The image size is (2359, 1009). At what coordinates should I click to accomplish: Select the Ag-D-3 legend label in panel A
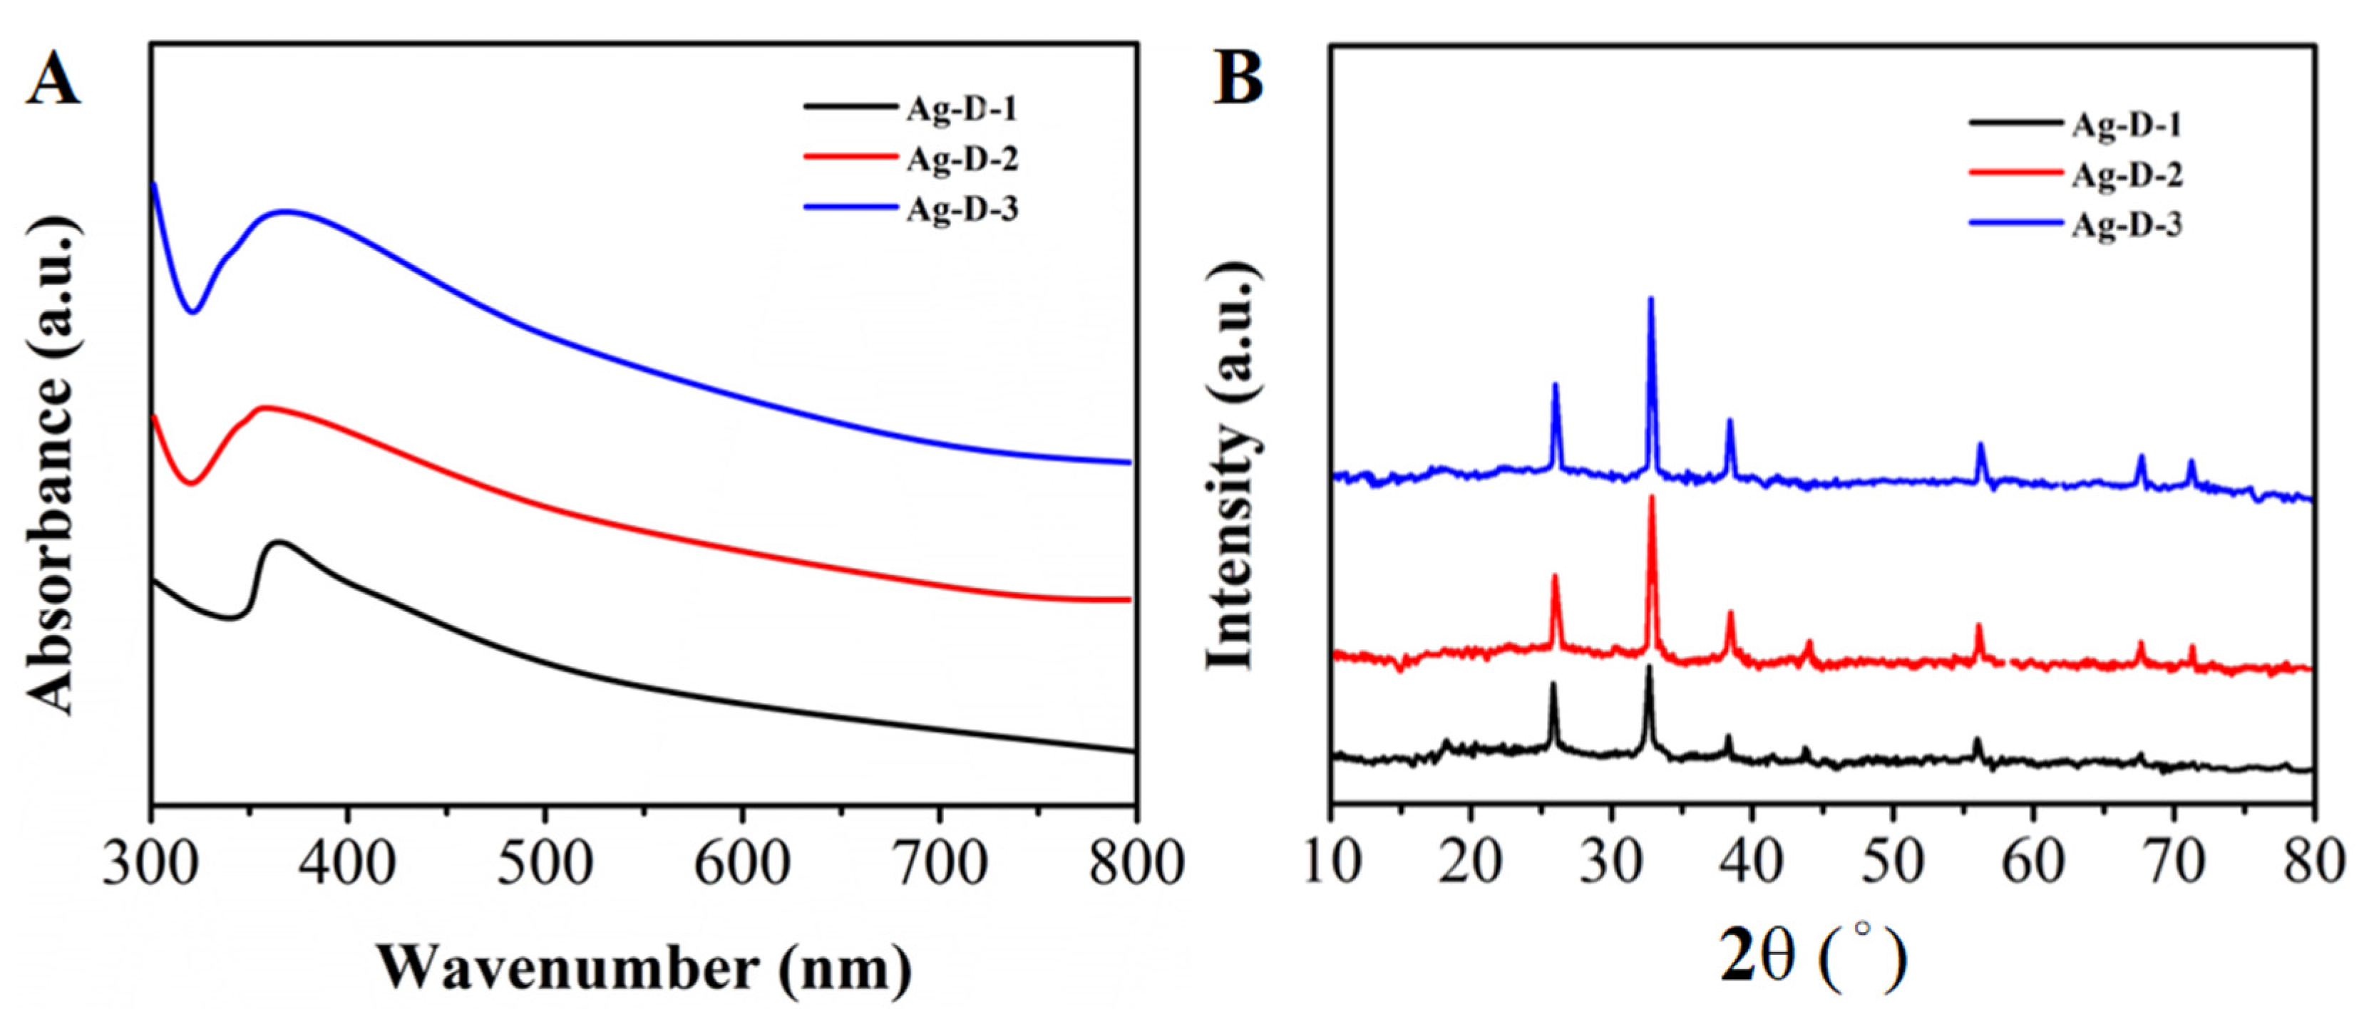962,209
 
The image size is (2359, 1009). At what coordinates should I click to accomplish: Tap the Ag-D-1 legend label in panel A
962,109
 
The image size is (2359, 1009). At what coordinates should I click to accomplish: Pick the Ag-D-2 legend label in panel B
2127,175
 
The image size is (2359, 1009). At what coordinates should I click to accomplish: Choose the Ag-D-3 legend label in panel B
2127,224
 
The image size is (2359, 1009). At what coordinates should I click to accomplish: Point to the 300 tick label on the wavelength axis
149,864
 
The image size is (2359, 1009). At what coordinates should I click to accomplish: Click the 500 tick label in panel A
544,864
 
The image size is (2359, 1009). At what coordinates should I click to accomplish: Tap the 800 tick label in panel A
1136,864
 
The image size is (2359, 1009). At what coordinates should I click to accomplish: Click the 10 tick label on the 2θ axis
1330,864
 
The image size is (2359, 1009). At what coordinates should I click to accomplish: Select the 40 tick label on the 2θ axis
1752,864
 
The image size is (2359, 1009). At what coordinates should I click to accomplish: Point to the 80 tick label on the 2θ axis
2313,864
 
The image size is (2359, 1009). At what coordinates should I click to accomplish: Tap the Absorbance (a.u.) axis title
51,467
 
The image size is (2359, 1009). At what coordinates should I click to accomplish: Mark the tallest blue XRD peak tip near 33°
1651,299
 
